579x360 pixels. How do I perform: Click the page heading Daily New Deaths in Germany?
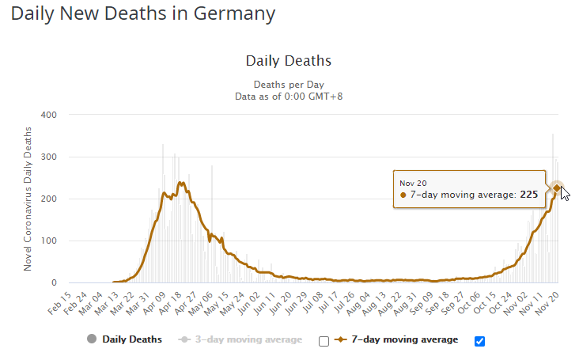(143, 14)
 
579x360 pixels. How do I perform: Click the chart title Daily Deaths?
(289, 61)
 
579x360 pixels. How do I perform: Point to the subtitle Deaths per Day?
(289, 85)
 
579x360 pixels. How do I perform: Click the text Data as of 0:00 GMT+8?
(289, 97)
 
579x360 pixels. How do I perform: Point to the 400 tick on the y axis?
(48, 115)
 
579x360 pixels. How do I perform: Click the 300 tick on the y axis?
(48, 157)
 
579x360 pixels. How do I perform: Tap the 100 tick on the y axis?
(48, 241)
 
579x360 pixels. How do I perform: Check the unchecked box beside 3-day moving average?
(323, 341)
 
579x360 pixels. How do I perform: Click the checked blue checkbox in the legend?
(479, 341)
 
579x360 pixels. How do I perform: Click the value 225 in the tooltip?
(529, 195)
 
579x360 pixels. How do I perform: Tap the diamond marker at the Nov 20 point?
(557, 188)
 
